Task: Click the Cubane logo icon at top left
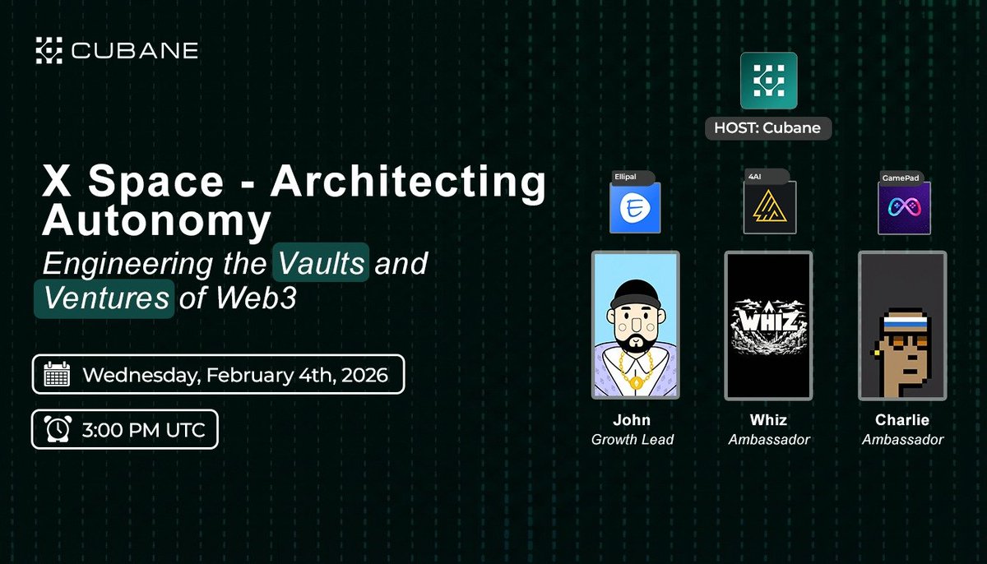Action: (49, 50)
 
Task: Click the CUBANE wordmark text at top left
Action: (133, 51)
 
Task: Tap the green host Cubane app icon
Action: (768, 81)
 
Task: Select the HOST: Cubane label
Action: (768, 129)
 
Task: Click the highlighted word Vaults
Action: (321, 264)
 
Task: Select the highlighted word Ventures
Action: (104, 297)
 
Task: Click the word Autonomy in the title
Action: (156, 220)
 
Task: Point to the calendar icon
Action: (57, 376)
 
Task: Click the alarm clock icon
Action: (57, 430)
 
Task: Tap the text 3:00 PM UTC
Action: (145, 430)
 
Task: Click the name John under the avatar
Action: (632, 421)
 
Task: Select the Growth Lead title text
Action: (632, 440)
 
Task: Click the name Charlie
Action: (902, 421)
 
